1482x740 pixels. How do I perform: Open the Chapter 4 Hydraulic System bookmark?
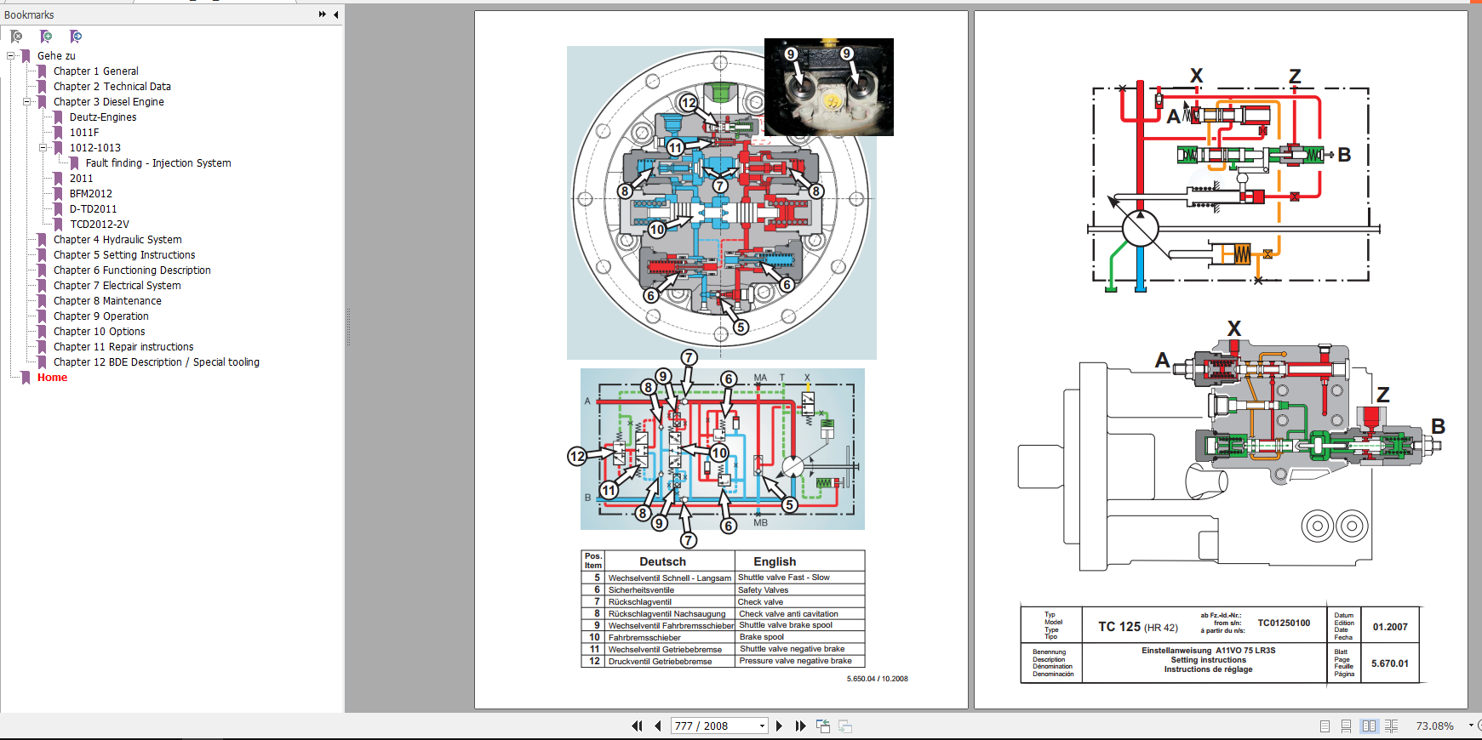[x=117, y=240]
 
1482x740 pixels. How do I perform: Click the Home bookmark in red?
[x=52, y=378]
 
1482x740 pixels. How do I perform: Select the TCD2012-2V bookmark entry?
[x=99, y=225]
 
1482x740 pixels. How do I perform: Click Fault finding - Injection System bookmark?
[x=157, y=163]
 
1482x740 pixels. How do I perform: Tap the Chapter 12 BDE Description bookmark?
[x=156, y=362]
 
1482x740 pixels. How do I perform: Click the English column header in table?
[x=774, y=561]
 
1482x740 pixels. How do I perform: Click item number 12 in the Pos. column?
[x=594, y=661]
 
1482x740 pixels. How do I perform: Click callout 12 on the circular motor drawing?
[x=688, y=103]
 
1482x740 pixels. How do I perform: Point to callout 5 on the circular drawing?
[x=741, y=327]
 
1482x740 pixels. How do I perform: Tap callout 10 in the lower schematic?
[x=719, y=453]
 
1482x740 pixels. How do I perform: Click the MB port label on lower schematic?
[x=760, y=523]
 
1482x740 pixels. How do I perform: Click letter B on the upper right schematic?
[x=1344, y=155]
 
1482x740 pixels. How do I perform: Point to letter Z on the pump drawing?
[x=1382, y=395]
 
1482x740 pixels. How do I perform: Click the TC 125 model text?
[x=1119, y=627]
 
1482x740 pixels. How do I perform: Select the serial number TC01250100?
[x=1284, y=623]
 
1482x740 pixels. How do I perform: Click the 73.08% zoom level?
[x=1434, y=726]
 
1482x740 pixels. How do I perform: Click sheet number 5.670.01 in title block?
[x=1389, y=663]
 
